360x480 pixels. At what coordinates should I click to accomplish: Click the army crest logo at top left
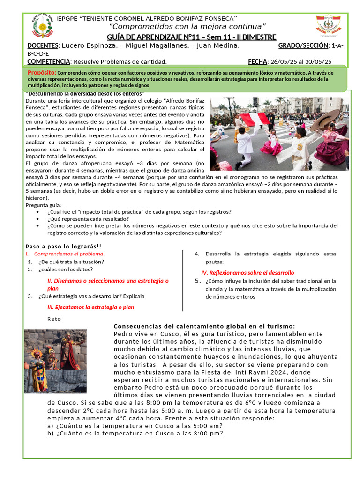click(x=42, y=26)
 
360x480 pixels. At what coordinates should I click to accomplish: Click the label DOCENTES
click(x=43, y=45)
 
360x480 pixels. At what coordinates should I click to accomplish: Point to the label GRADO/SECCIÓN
click(x=303, y=45)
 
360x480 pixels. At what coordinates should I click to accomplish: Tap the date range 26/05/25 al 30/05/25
click(x=300, y=61)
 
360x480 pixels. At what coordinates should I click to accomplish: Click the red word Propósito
click(x=42, y=72)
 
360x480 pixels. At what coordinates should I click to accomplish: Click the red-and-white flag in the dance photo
click(x=255, y=118)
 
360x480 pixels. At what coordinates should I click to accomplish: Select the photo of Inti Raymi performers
click(x=49, y=360)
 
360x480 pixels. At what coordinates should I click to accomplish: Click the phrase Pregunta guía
click(x=43, y=205)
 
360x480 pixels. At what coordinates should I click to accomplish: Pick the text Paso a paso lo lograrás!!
click(x=63, y=247)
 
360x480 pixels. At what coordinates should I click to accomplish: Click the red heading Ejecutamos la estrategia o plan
click(x=91, y=307)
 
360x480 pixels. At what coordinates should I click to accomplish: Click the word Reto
click(x=54, y=319)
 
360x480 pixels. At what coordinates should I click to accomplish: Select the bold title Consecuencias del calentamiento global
click(x=204, y=326)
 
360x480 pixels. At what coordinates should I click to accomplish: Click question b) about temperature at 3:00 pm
click(x=135, y=433)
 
